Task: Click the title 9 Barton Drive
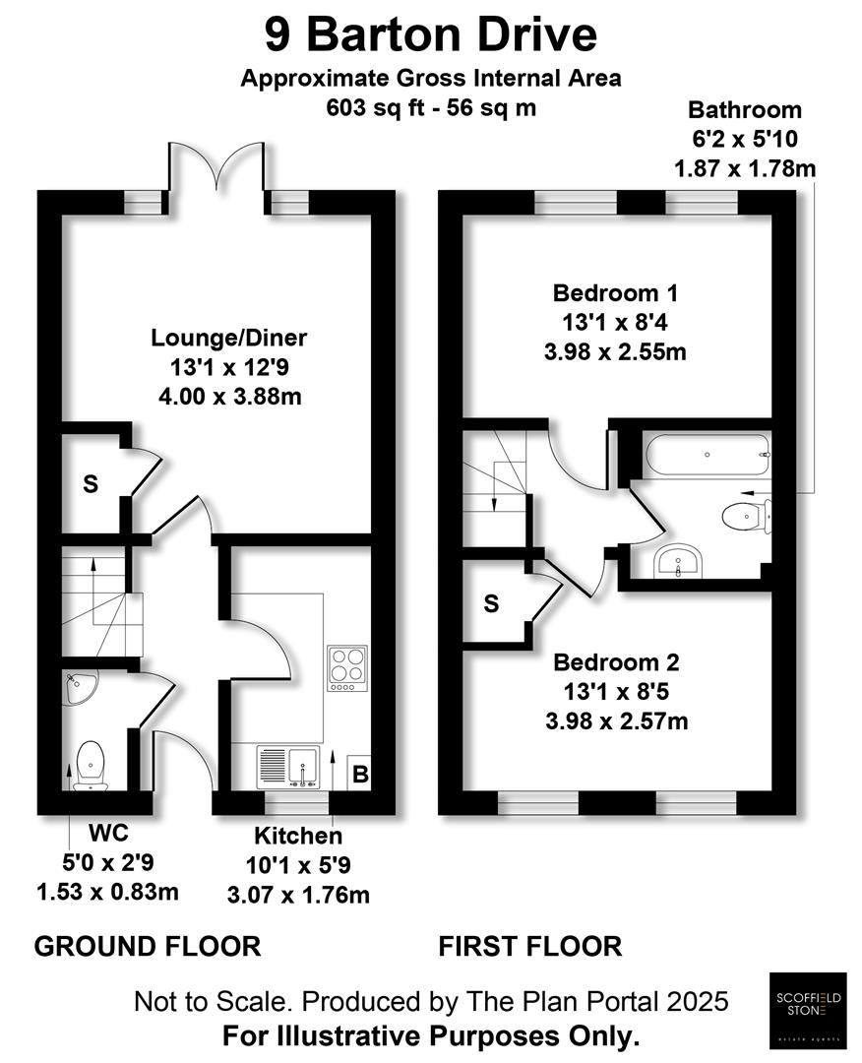coord(431,35)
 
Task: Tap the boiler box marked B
coord(360,774)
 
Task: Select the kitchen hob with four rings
coord(347,667)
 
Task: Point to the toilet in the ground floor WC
coord(91,766)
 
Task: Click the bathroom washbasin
coord(679,561)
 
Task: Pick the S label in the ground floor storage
coord(91,484)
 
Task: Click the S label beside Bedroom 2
coord(491,603)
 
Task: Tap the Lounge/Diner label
coord(229,338)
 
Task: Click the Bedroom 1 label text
coord(615,293)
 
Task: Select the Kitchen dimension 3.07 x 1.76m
coord(298,895)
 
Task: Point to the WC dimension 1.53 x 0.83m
coord(108,892)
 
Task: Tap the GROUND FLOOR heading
coord(148,947)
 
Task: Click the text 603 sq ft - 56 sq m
coord(431,108)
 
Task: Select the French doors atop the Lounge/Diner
coord(216,166)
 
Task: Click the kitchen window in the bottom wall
coord(297,803)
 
